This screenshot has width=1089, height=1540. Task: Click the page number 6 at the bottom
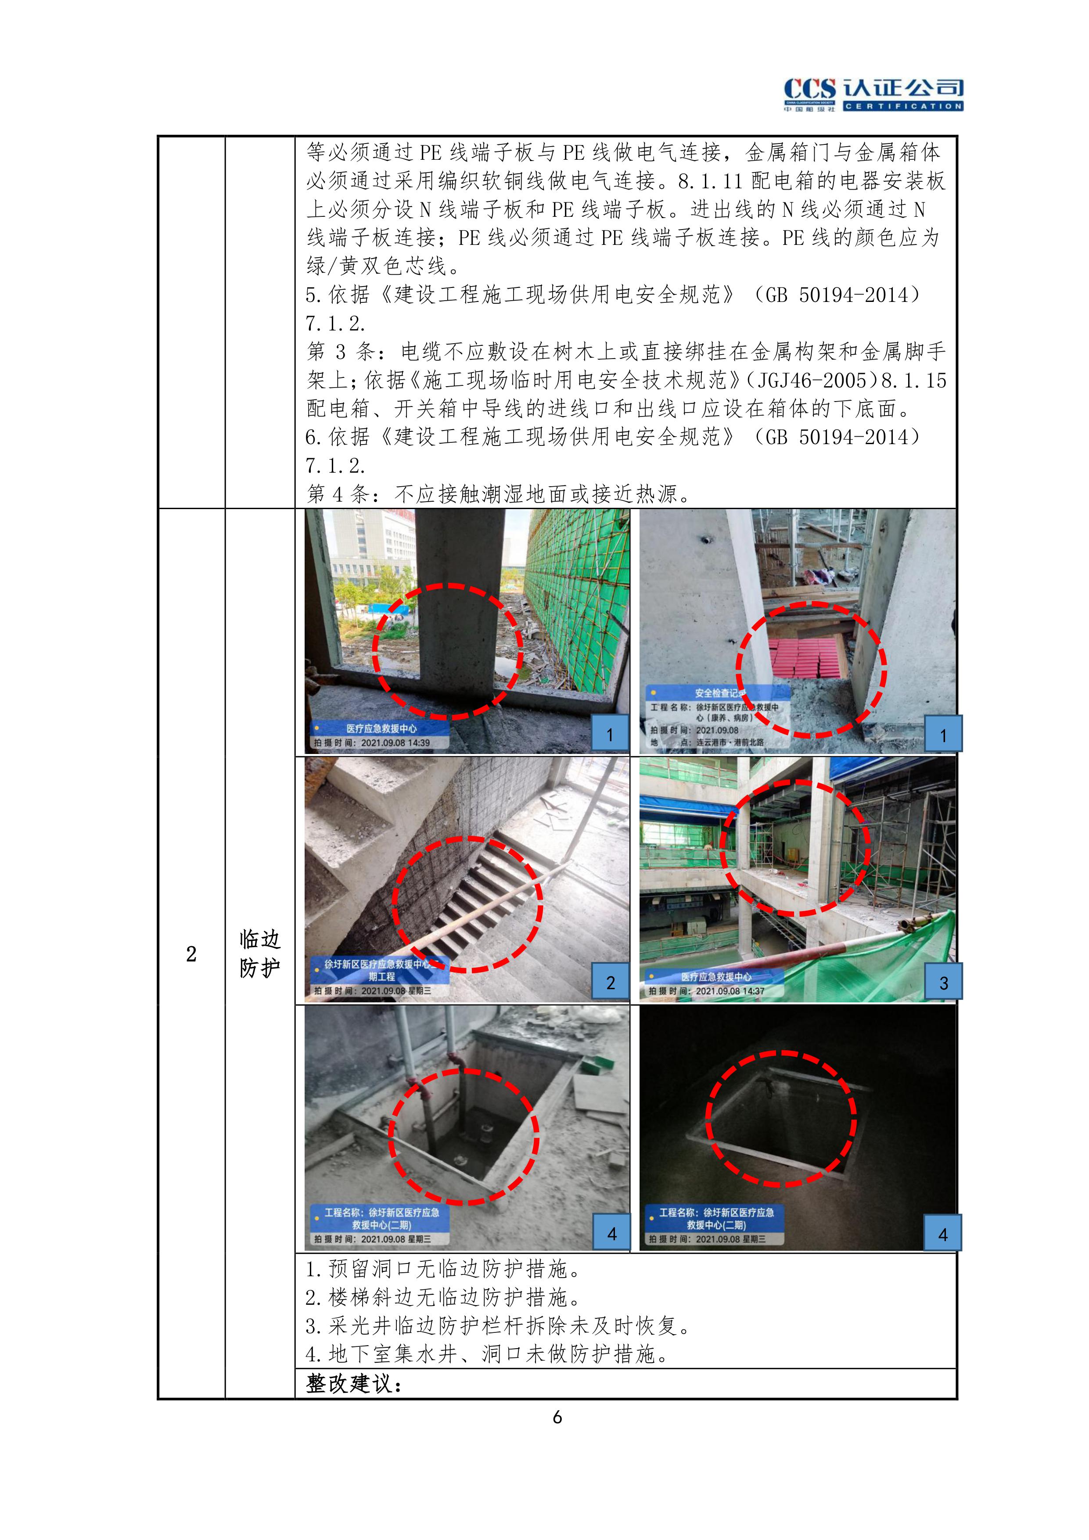[x=557, y=1417]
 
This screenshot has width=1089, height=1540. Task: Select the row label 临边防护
[x=260, y=953]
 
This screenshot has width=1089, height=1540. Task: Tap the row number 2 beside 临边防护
[x=191, y=954]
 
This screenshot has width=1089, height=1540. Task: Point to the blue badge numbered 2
[x=610, y=983]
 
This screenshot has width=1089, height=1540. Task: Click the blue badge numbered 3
[x=943, y=983]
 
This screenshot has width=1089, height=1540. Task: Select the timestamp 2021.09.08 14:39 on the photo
[x=395, y=743]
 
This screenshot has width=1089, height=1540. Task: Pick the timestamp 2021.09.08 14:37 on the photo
[x=730, y=991]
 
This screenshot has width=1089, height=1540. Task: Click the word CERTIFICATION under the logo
[x=903, y=106]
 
